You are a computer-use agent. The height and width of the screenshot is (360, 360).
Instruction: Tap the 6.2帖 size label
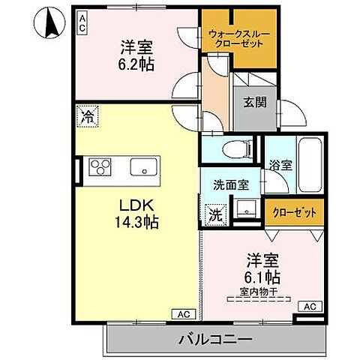pos(136,64)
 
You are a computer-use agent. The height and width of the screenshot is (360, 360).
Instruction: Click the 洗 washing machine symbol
pos(214,213)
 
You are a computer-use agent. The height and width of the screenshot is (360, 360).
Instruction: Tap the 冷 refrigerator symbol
pos(87,117)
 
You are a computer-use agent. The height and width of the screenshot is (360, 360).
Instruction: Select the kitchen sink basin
pos(141,166)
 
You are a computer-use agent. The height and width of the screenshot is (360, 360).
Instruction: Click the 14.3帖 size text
pos(136,222)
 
